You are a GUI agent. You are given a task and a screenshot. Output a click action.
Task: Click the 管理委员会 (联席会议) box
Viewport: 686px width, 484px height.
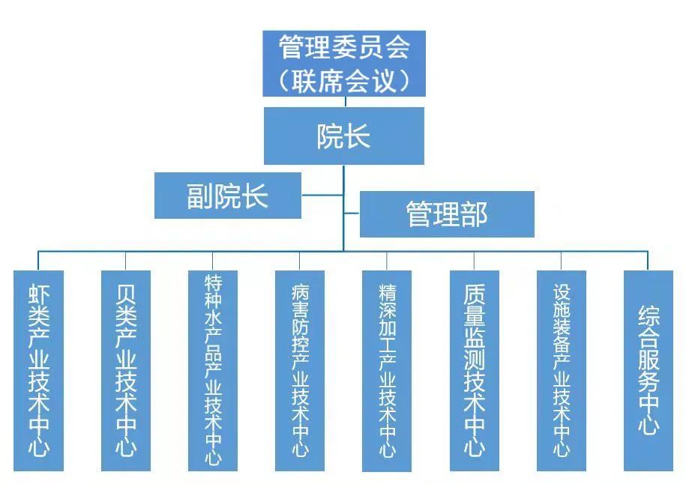pos(344,64)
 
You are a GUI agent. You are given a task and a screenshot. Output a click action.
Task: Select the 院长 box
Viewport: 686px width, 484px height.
pos(344,136)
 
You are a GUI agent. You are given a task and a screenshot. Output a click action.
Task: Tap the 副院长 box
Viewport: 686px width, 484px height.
pos(228,196)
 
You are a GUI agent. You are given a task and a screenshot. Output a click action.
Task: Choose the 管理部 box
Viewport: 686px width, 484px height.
pos(447,214)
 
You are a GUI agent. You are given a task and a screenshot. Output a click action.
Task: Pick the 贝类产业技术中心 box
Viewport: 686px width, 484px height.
pos(126,371)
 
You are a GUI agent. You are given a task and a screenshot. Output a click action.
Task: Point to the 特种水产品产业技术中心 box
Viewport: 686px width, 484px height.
pos(213,371)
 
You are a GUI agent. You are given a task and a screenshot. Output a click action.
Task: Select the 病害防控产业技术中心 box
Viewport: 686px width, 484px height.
pos(300,371)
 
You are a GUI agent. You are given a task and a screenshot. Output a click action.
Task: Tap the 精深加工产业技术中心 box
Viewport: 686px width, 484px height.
pos(387,371)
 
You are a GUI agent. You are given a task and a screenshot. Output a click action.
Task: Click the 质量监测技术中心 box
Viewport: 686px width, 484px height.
pos(474,371)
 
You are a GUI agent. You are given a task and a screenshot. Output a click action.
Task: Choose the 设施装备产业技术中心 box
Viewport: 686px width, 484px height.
pos(561,371)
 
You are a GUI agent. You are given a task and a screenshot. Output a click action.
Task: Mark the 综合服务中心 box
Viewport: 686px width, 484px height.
pos(649,371)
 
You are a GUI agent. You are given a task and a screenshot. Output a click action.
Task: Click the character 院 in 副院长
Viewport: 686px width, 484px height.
pos(228,196)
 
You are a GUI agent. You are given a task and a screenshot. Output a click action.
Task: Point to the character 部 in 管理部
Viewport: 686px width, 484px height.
pos(474,214)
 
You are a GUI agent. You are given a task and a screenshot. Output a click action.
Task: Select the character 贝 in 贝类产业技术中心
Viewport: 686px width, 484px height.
pos(126,293)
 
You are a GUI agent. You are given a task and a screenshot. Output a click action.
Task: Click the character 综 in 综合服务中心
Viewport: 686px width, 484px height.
pos(649,315)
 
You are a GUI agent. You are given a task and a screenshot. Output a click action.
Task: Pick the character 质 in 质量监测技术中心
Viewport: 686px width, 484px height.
pos(474,293)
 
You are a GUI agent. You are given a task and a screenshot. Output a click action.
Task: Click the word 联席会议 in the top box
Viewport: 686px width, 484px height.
pos(344,80)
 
